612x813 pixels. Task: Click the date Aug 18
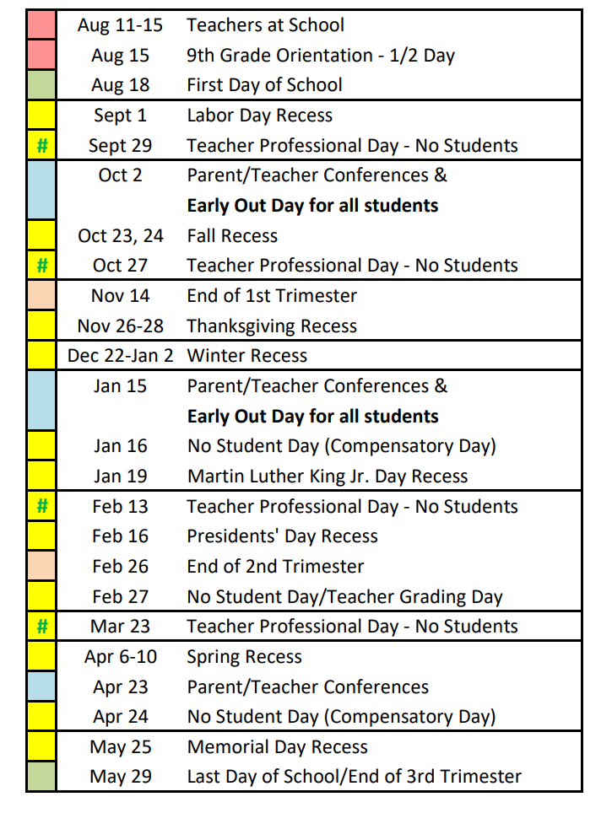120,85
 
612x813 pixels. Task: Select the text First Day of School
264,85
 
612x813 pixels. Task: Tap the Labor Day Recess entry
259,116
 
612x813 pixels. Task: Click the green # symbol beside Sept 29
41,146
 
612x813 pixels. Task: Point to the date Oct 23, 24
120,236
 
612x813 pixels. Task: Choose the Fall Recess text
232,236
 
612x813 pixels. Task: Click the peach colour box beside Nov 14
41,296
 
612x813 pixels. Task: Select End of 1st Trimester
272,296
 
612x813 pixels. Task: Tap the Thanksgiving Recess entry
272,326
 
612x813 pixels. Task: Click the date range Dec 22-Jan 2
120,356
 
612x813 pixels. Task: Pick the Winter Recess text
246,356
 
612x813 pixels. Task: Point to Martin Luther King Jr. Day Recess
328,476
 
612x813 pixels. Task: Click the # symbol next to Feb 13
41,507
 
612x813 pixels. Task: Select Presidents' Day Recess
282,536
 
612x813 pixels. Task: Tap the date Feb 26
120,567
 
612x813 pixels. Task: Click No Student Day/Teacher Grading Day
344,597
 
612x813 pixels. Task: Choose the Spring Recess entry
244,657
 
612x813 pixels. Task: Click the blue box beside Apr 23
41,687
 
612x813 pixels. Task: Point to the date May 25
120,747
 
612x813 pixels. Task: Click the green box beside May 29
41,777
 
